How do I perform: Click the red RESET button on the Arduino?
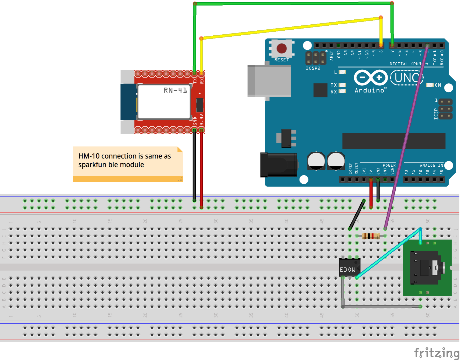[282, 49]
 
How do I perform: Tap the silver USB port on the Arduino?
[269, 81]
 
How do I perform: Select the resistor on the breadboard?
[371, 236]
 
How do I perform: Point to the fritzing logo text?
[436, 353]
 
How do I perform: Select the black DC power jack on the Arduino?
[279, 165]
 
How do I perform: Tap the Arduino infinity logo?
[370, 78]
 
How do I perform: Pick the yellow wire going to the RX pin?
[290, 28]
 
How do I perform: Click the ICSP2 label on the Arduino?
[313, 68]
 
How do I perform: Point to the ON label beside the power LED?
[438, 85]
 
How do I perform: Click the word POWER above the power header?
[389, 165]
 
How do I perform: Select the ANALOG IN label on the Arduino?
[431, 165]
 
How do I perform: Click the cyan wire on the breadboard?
[389, 253]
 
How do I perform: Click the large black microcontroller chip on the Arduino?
[394, 141]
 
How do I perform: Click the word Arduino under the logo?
[369, 91]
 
